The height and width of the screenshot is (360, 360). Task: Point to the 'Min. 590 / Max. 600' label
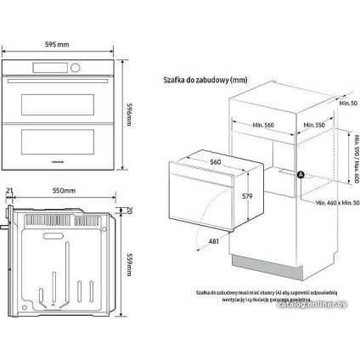349,160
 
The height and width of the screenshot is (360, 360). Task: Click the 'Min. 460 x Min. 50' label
331,205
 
